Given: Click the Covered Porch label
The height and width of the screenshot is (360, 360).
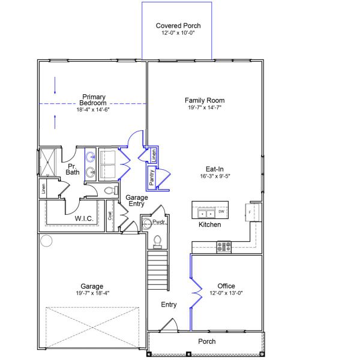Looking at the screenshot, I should (178, 26).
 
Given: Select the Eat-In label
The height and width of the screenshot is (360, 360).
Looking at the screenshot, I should (205, 170).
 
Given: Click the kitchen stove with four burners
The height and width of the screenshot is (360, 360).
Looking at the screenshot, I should (224, 245).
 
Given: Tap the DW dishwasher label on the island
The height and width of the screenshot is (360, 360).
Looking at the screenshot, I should (221, 212).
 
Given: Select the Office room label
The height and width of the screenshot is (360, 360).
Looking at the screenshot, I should (226, 286).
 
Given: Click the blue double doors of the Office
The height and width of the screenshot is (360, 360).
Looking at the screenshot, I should (194, 292).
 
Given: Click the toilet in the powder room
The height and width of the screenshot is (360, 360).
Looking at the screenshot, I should (158, 241).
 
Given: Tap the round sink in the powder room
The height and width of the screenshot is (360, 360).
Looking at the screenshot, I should (147, 224).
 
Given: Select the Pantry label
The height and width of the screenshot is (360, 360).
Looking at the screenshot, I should (152, 177).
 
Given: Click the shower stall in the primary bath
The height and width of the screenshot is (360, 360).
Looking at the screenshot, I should (47, 162).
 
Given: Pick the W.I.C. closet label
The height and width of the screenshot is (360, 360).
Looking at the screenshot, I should (83, 218).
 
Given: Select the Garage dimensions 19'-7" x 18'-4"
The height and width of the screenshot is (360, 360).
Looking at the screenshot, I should (92, 293).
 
